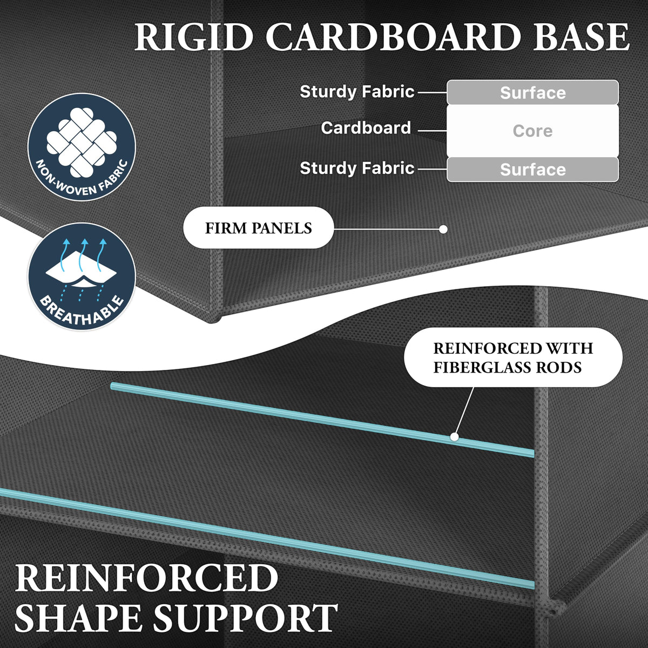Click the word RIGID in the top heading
click(194, 37)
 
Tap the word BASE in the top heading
click(580, 37)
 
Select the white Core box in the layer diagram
click(532, 131)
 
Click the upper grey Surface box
click(532, 92)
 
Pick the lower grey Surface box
click(532, 170)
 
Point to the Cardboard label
click(366, 128)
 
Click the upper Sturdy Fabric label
click(357, 91)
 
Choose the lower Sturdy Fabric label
click(357, 168)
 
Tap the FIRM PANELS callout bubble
click(259, 228)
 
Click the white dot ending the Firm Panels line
click(443, 230)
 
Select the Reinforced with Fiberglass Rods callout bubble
click(513, 357)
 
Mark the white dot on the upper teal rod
click(454, 437)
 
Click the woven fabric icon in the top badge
click(82, 141)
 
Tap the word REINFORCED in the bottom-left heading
click(147, 578)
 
